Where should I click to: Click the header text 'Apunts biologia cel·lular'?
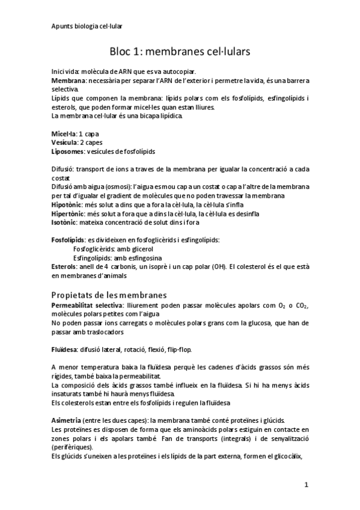(85, 26)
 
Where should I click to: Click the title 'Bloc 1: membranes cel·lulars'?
(180, 52)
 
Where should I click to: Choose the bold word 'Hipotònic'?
(67, 204)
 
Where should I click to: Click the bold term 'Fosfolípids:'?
(69, 239)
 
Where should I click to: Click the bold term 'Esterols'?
(64, 266)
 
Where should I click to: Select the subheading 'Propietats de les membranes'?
(109, 295)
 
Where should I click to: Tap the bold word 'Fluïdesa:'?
(64, 349)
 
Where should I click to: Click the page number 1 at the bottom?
(306, 484)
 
